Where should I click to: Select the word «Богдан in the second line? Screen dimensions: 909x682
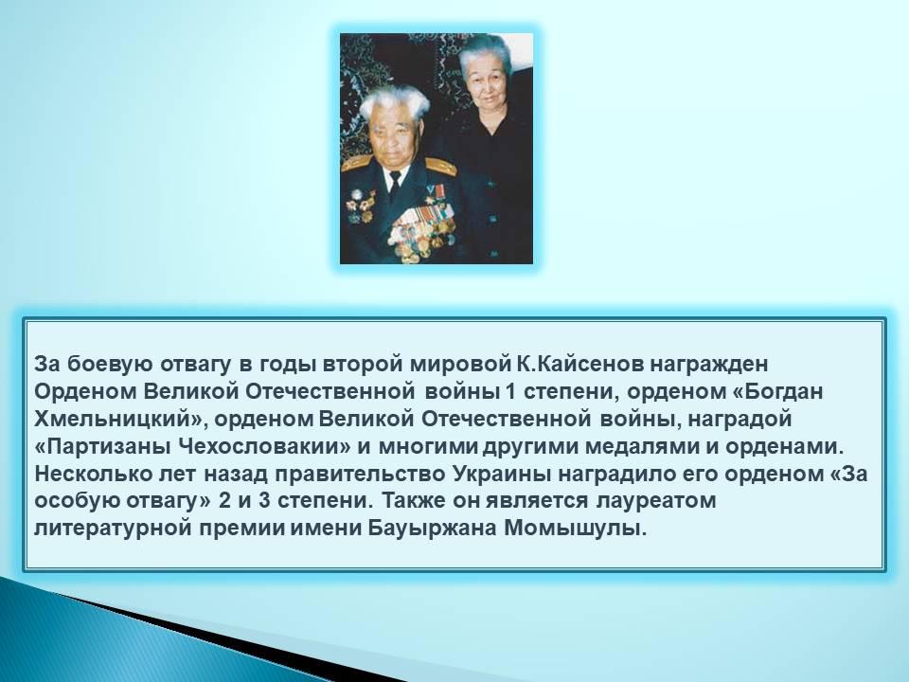[x=778, y=391]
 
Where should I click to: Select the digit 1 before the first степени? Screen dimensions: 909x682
[x=510, y=391]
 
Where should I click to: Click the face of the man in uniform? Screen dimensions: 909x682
[x=392, y=139]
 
